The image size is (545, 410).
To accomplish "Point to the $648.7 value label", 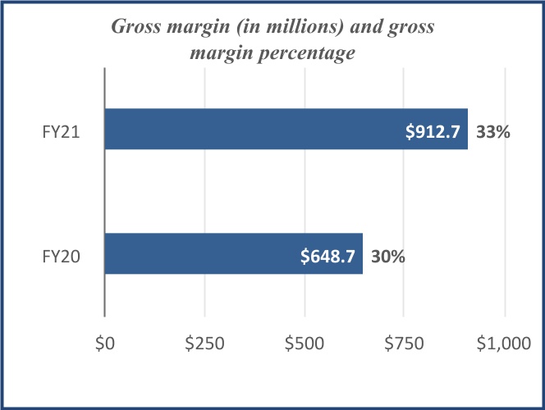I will [327, 256].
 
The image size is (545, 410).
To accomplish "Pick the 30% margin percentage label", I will [388, 256].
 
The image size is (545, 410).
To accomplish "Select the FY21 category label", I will [62, 130].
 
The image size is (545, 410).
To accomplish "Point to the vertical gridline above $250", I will [205, 189].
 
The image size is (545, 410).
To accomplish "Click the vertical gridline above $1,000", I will [505, 189].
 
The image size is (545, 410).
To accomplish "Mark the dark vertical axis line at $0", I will [105, 189].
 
